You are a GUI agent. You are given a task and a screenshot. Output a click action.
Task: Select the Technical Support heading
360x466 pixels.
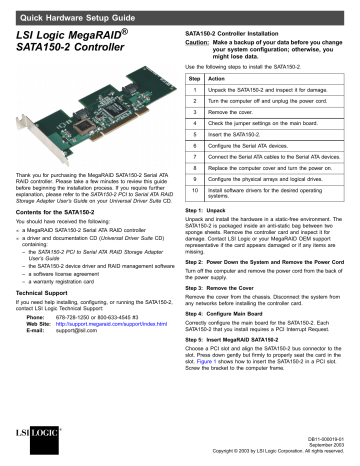pyautogui.click(x=51, y=329)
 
